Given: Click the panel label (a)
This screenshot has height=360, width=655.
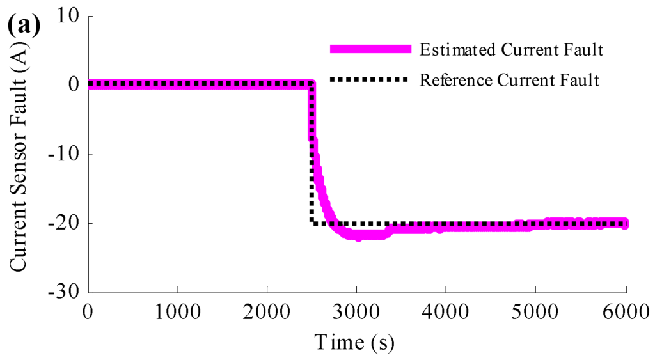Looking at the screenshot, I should [24, 27].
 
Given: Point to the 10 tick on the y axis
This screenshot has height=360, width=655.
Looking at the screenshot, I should [67, 17].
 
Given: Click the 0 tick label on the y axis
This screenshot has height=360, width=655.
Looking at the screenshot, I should [72, 84].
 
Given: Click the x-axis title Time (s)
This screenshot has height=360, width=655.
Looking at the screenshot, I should [354, 342].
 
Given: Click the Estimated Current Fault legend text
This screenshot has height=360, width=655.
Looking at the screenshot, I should [511, 49].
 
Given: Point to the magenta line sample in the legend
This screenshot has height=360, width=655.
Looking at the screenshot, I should [368, 49].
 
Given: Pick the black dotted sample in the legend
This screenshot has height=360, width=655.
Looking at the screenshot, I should [368, 80].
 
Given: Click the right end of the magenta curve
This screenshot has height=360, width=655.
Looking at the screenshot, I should [626, 223].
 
